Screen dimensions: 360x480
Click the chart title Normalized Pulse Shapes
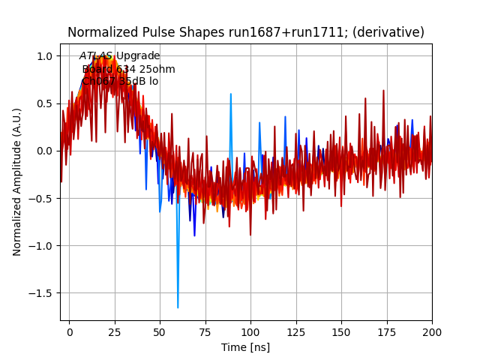pyautogui.click(x=246, y=32)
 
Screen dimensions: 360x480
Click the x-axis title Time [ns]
pyautogui.click(x=245, y=347)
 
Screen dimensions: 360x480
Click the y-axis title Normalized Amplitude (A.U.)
pyautogui.click(x=17, y=181)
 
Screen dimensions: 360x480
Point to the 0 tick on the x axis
pyautogui.click(x=70, y=331)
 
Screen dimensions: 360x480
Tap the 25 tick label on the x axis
pyautogui.click(x=115, y=331)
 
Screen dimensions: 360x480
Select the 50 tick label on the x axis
pyautogui.click(x=160, y=331)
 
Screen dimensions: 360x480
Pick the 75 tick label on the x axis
pyautogui.click(x=205, y=331)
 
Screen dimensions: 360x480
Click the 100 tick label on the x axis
pyautogui.click(x=250, y=331)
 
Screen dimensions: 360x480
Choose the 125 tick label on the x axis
pyautogui.click(x=296, y=331)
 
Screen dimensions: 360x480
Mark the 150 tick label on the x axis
pyautogui.click(x=341, y=331)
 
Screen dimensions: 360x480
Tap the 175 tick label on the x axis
pyautogui.click(x=387, y=331)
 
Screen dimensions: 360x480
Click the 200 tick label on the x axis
pyautogui.click(x=432, y=331)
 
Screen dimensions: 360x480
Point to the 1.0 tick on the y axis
pyautogui.click(x=46, y=56)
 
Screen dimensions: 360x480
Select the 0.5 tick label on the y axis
pyautogui.click(x=46, y=103)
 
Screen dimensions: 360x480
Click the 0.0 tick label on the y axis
pyautogui.click(x=46, y=151)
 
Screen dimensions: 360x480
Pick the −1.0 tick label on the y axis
pyautogui.click(x=42, y=246)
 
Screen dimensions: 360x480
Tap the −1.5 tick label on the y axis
pyautogui.click(x=42, y=293)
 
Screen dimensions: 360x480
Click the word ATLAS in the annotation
pyautogui.click(x=96, y=56)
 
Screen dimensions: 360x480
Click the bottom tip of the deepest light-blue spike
pyautogui.click(x=178, y=307)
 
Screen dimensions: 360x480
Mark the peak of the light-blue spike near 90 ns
pyautogui.click(x=231, y=94)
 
